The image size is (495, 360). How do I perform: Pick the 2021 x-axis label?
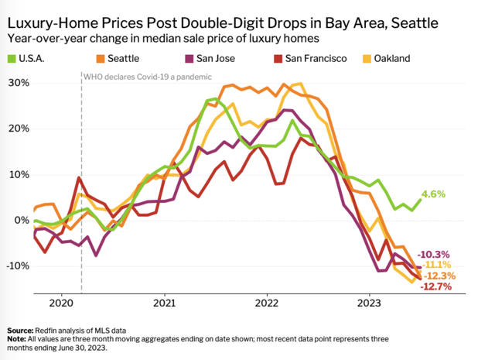(163, 304)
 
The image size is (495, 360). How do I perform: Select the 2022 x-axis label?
(267, 304)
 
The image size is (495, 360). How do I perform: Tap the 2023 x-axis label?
(370, 304)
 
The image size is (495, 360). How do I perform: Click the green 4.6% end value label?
(433, 194)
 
